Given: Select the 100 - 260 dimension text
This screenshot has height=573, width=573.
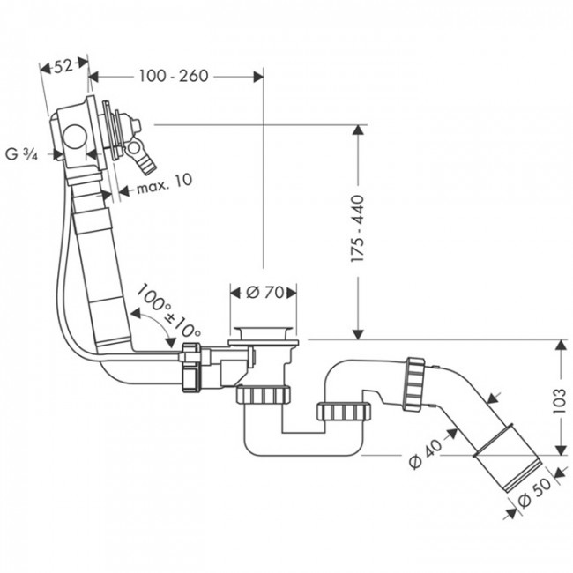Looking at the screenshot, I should (173, 76).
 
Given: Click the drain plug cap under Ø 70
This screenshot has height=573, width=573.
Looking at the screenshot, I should (264, 333).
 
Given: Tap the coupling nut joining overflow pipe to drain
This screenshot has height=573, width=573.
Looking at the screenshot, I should (190, 368).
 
